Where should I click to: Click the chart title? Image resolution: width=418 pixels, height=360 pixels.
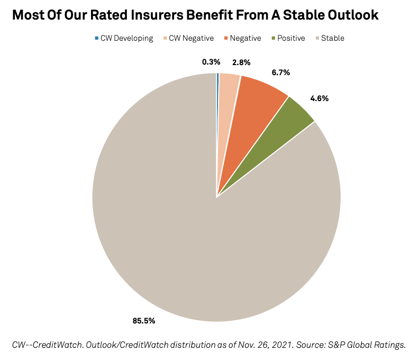(x=195, y=15)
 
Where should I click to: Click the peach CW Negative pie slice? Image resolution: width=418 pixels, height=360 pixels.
(x=227, y=106)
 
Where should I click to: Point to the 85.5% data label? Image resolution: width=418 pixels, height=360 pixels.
(x=143, y=320)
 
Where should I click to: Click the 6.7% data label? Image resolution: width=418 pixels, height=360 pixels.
(x=281, y=73)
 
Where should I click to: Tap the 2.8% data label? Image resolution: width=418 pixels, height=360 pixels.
(x=241, y=62)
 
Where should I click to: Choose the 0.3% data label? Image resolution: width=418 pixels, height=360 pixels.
(x=211, y=62)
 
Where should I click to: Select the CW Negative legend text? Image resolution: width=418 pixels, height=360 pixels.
(x=191, y=38)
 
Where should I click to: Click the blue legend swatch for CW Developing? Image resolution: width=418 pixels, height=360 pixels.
(x=96, y=38)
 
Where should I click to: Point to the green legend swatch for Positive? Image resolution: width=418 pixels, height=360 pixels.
(x=273, y=38)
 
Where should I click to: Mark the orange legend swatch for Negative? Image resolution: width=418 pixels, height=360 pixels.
(x=226, y=38)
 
